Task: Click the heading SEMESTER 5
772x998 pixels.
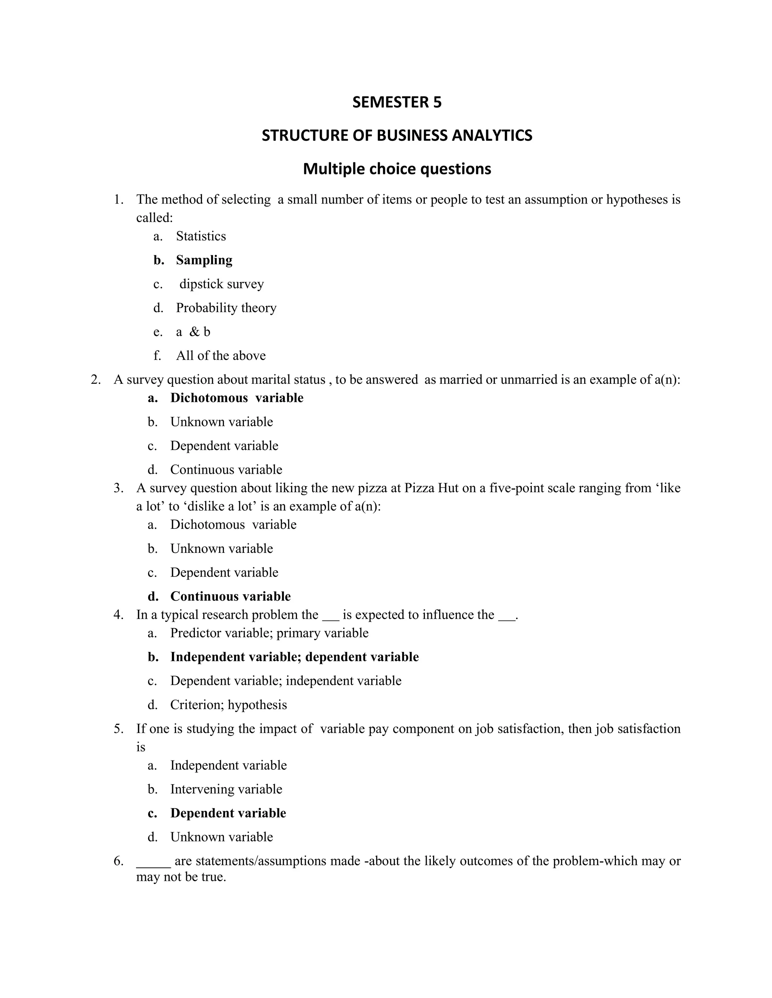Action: (x=397, y=102)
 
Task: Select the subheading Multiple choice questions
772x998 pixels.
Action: (x=397, y=169)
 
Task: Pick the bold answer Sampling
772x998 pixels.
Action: (x=204, y=260)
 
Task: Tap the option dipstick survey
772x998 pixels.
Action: (x=221, y=284)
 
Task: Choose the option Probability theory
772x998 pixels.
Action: (x=226, y=308)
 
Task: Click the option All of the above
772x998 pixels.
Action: (x=221, y=356)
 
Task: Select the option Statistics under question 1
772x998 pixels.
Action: (x=201, y=236)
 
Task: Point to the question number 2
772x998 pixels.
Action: (x=95, y=380)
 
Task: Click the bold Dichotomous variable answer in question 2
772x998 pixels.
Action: (x=236, y=398)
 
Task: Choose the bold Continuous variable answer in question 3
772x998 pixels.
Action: (x=230, y=596)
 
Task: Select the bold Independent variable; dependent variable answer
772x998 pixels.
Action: (x=294, y=657)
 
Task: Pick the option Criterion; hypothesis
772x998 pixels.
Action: (x=228, y=705)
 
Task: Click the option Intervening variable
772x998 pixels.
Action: (x=226, y=789)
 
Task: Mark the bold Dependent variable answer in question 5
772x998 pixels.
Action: (x=228, y=813)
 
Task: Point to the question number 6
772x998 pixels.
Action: (x=118, y=861)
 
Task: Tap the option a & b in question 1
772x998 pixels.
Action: (x=193, y=332)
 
